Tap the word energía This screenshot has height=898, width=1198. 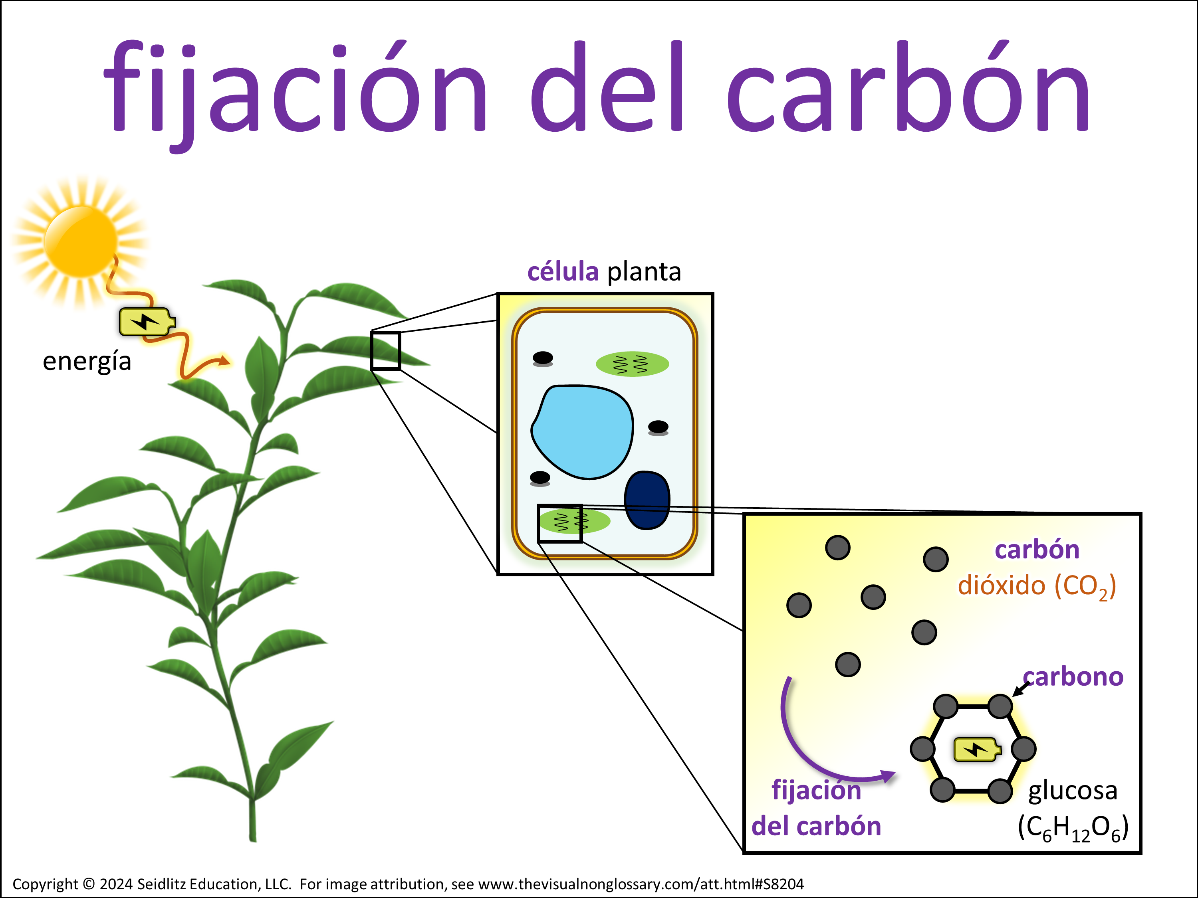[87, 361]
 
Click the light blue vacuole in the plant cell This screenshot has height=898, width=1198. [582, 432]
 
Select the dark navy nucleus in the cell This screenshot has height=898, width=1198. [647, 500]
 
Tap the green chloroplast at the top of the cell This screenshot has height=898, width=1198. [632, 364]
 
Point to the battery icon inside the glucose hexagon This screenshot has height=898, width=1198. [976, 750]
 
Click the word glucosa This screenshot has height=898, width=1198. [1072, 791]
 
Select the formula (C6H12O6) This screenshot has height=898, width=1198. [1073, 828]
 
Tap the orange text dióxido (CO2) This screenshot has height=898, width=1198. [1037, 586]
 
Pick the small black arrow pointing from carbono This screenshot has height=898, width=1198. [1021, 688]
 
